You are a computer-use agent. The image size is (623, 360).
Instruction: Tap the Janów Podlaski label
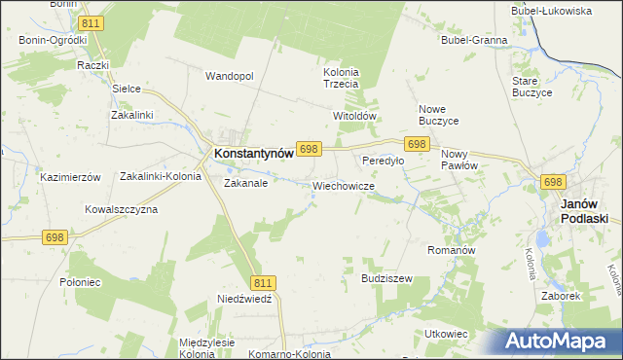tap(585, 211)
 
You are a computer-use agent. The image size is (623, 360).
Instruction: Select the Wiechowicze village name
tap(344, 185)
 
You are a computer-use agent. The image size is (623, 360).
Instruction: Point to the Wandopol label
tap(229, 75)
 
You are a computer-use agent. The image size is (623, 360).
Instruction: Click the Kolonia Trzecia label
tap(342, 78)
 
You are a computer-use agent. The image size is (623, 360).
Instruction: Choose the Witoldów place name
tap(354, 115)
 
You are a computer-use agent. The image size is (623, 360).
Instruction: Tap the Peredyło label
tap(383, 161)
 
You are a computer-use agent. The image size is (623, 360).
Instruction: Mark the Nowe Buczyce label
tap(438, 114)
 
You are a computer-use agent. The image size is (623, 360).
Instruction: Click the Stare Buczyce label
tap(531, 86)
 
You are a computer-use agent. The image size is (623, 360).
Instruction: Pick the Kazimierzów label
tap(70, 177)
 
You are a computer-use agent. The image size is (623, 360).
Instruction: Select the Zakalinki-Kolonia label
tap(161, 177)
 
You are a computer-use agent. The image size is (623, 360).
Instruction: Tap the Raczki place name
tap(92, 65)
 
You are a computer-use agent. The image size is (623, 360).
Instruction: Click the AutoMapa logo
tap(561, 341)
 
